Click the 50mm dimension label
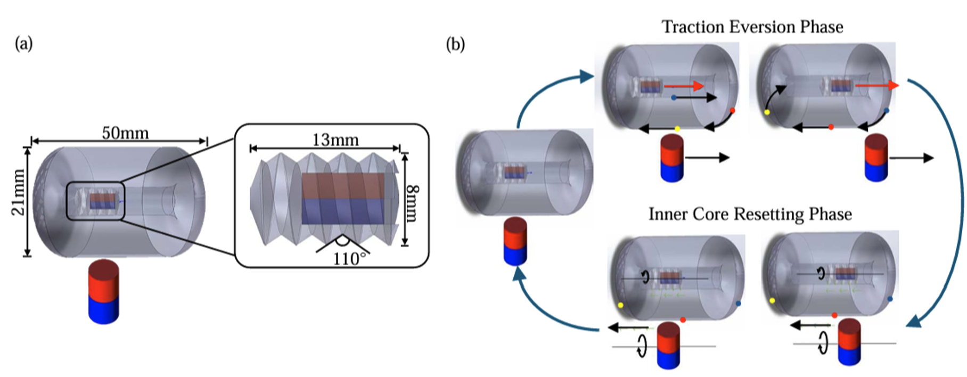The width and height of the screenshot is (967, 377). click(x=125, y=133)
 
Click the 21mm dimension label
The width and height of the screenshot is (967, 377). click(x=19, y=192)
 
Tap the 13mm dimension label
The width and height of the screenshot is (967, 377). click(x=335, y=140)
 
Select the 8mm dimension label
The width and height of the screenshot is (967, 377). click(x=413, y=203)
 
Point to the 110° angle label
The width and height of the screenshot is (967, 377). click(x=350, y=259)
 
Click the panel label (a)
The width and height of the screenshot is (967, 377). click(x=24, y=43)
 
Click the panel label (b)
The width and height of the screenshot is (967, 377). click(x=455, y=44)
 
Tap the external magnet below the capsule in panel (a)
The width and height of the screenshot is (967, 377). click(x=104, y=292)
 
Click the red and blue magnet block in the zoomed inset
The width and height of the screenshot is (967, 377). click(x=342, y=199)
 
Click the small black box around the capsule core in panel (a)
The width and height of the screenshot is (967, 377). click(x=95, y=201)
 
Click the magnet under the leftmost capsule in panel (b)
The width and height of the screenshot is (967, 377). click(x=515, y=241)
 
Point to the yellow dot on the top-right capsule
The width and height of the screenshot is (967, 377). click(x=767, y=112)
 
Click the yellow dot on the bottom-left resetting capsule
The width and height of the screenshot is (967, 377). click(x=620, y=305)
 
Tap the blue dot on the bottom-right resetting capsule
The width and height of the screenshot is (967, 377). click(x=890, y=299)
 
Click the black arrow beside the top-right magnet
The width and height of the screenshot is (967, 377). click(x=911, y=158)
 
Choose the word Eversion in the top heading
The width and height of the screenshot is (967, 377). click(x=765, y=27)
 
